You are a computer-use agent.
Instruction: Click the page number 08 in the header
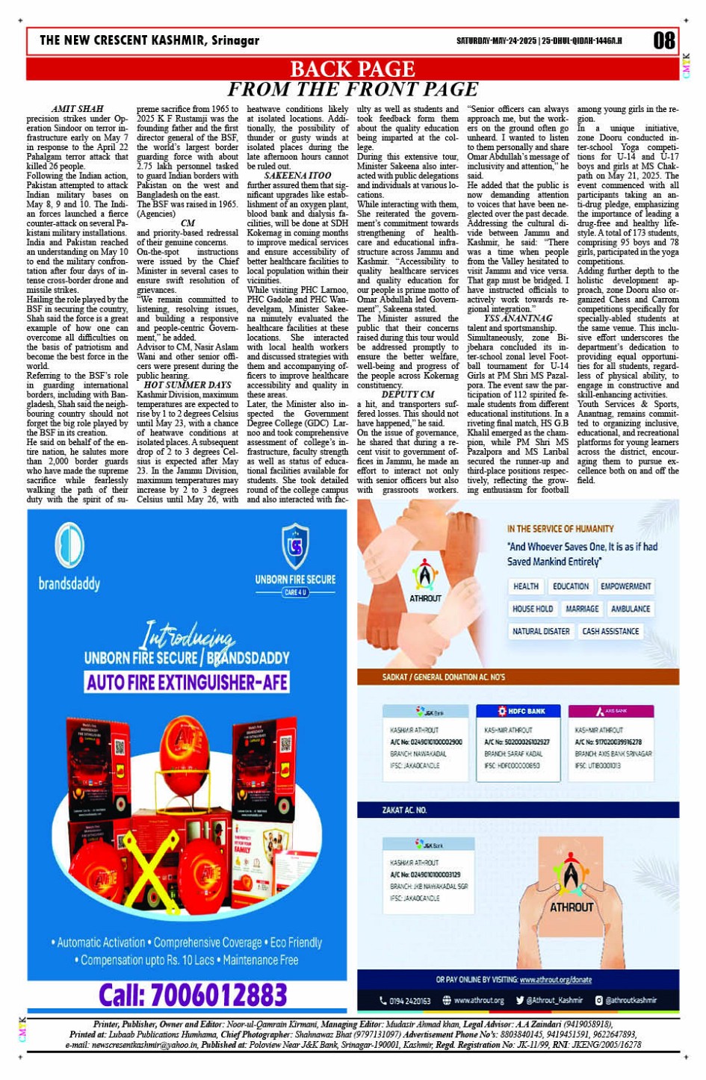[663, 40]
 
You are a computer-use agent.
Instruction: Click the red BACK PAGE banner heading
[352, 69]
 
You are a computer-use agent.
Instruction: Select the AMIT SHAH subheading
[78, 109]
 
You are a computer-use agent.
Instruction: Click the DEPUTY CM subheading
[408, 394]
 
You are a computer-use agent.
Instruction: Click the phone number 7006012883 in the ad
[193, 994]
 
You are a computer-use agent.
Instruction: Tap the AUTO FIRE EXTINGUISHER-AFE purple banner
[187, 682]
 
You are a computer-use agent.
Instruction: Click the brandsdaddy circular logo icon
[69, 544]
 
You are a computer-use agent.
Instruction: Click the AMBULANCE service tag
[630, 609]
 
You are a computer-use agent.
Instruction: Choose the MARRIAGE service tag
[581, 609]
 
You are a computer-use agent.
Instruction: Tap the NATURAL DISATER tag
[541, 631]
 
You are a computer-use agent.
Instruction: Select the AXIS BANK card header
[610, 712]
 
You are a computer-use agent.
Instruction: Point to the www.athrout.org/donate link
[555, 979]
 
